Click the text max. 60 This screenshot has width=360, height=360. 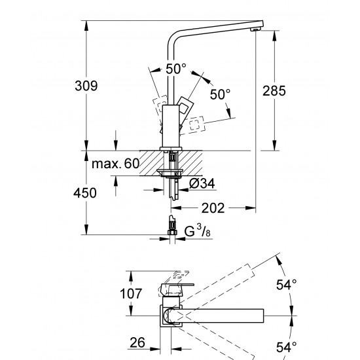(115, 164)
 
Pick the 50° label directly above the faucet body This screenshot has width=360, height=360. (175, 67)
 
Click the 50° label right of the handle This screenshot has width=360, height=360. (220, 94)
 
